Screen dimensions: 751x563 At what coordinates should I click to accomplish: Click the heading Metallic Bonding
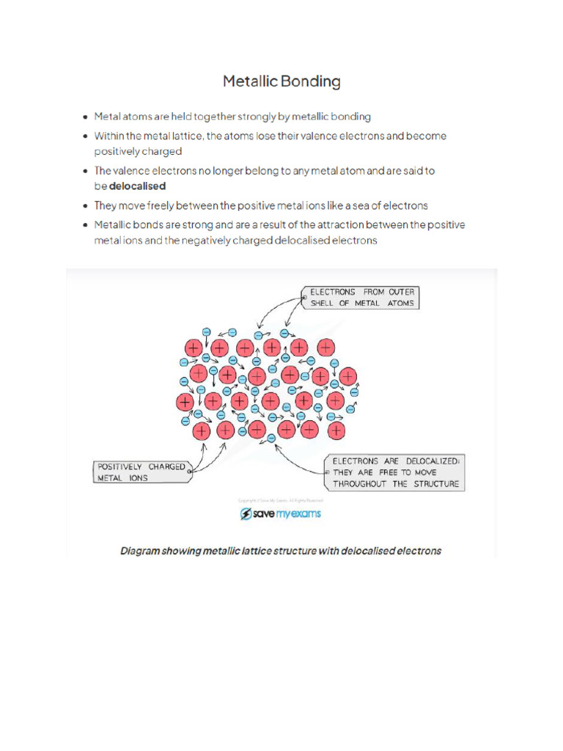281,81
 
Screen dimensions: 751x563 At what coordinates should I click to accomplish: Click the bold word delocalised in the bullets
137,186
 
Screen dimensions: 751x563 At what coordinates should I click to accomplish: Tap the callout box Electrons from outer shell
360,297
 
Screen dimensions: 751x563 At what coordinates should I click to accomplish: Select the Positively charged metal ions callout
141,472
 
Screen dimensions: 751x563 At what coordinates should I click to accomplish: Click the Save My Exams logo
281,514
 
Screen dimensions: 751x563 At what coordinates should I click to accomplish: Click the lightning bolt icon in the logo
246,514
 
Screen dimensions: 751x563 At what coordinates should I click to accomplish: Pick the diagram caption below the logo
281,550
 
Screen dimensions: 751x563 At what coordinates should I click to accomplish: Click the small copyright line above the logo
281,500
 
